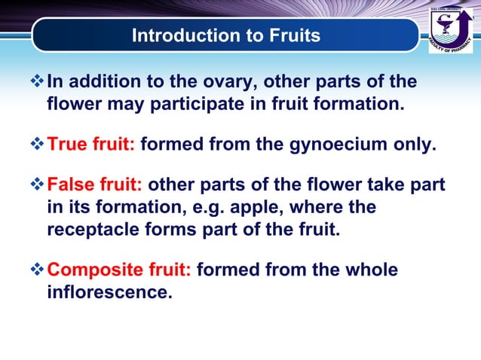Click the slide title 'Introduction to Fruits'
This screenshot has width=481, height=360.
coord(225,35)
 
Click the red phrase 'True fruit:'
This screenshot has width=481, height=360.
coord(91,145)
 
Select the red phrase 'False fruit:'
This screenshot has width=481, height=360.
coord(96,185)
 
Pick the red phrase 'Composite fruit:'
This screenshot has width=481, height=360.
coord(119,270)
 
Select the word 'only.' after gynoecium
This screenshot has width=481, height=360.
coord(415,145)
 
